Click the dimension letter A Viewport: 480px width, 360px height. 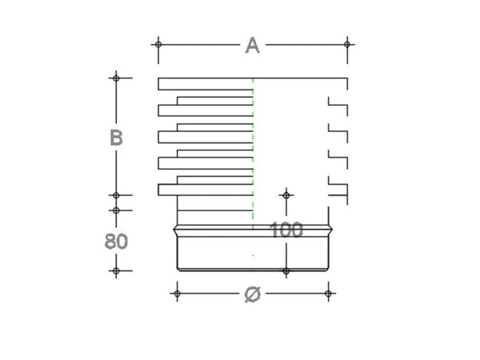tap(252, 46)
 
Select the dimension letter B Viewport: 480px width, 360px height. tap(116, 138)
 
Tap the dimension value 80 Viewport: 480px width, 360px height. tap(116, 241)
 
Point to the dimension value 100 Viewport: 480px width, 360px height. tap(286, 231)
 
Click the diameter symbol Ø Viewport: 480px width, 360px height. tap(251, 294)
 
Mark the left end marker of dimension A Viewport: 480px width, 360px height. tap(158, 43)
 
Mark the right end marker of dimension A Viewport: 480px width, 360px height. tap(347, 43)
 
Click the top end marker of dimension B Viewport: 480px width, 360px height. tap(116, 78)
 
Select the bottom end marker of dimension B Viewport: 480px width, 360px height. tap(116, 195)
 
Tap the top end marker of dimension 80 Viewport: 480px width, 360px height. tap(116, 210)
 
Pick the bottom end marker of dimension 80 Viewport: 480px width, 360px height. tap(116, 271)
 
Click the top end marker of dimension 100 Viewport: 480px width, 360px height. tap(286, 195)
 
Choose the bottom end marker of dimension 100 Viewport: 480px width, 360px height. tap(286, 271)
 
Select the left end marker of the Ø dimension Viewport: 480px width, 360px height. tap(177, 294)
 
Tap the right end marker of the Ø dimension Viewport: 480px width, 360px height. tap(329, 294)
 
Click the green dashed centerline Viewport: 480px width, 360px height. tap(253, 144)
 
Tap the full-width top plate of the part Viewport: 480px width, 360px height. tap(208, 83)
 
